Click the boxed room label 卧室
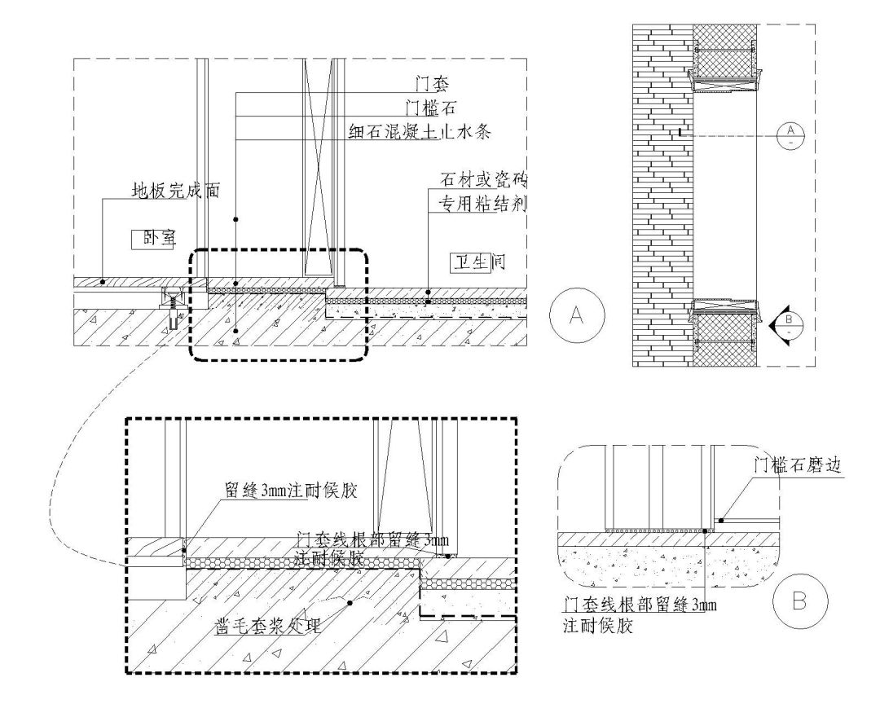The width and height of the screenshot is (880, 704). click(x=147, y=239)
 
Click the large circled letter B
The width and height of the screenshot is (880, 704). click(x=800, y=602)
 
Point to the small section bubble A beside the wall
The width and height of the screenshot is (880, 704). click(x=790, y=134)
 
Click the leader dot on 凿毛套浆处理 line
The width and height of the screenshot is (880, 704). click(x=350, y=604)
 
